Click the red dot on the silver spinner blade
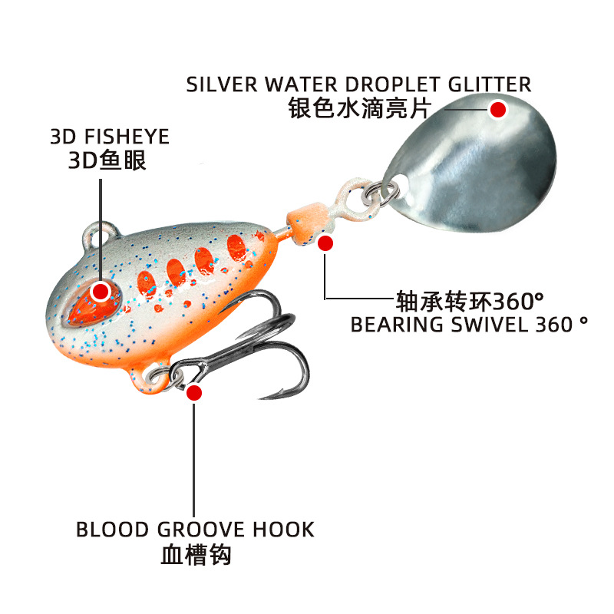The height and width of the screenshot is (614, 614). [x=499, y=109]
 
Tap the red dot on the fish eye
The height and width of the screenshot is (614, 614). [x=101, y=291]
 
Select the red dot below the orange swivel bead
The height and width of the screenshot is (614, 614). [x=325, y=243]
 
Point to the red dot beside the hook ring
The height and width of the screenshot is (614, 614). [x=194, y=393]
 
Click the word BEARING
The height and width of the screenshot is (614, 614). [x=398, y=323]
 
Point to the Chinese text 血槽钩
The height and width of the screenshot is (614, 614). [x=196, y=554]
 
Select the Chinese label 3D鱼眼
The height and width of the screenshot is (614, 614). [x=108, y=161]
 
